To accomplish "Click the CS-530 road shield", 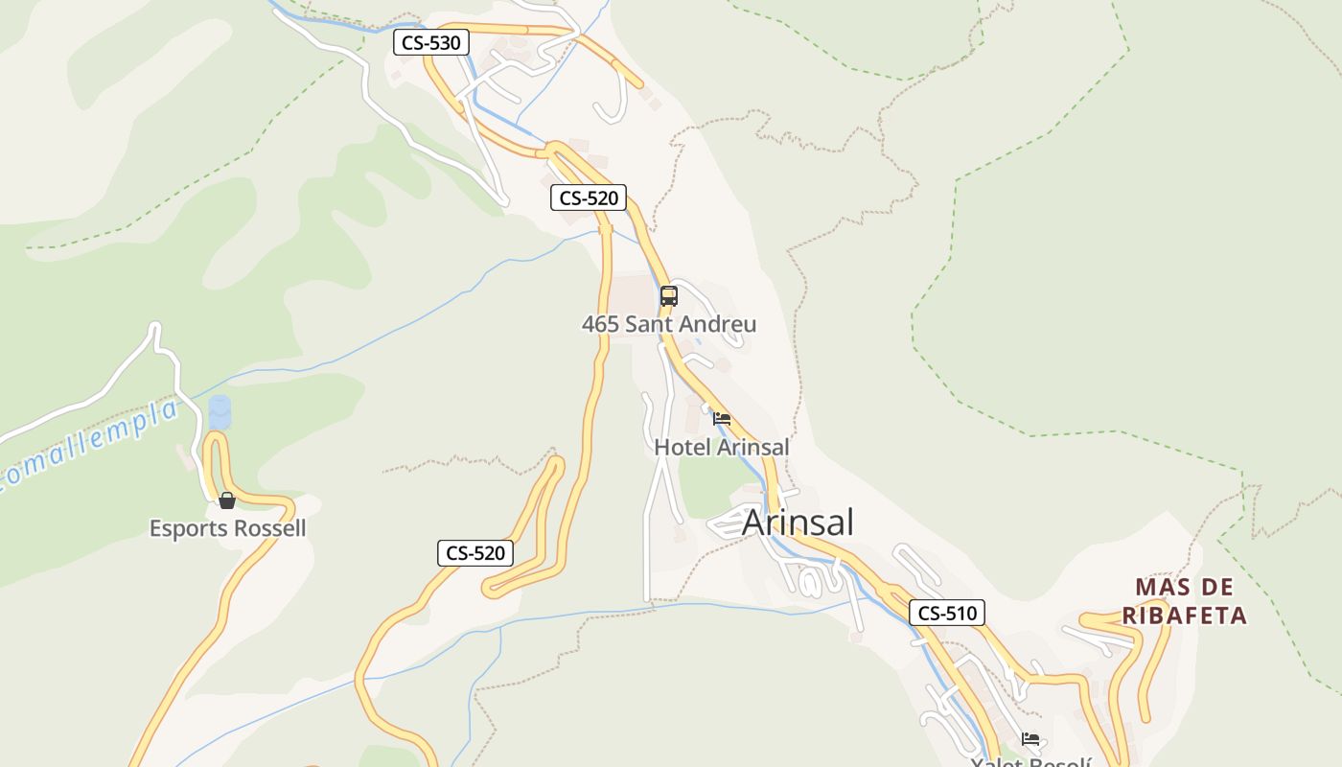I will click(x=430, y=42).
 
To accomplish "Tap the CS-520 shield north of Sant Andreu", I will click(x=589, y=198).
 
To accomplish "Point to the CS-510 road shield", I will click(x=946, y=613).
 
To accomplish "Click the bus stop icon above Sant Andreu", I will click(x=669, y=296).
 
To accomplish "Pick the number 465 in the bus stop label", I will click(x=600, y=324).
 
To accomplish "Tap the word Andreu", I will click(x=718, y=324).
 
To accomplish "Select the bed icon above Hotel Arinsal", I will click(x=722, y=418).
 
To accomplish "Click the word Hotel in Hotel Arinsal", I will click(x=682, y=447).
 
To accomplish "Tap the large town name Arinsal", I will click(x=798, y=523).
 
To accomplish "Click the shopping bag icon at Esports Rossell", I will click(x=227, y=500).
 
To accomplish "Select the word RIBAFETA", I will click(x=1185, y=616).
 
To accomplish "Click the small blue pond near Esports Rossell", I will click(x=220, y=412).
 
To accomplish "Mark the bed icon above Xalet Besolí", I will click(x=1030, y=738).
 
